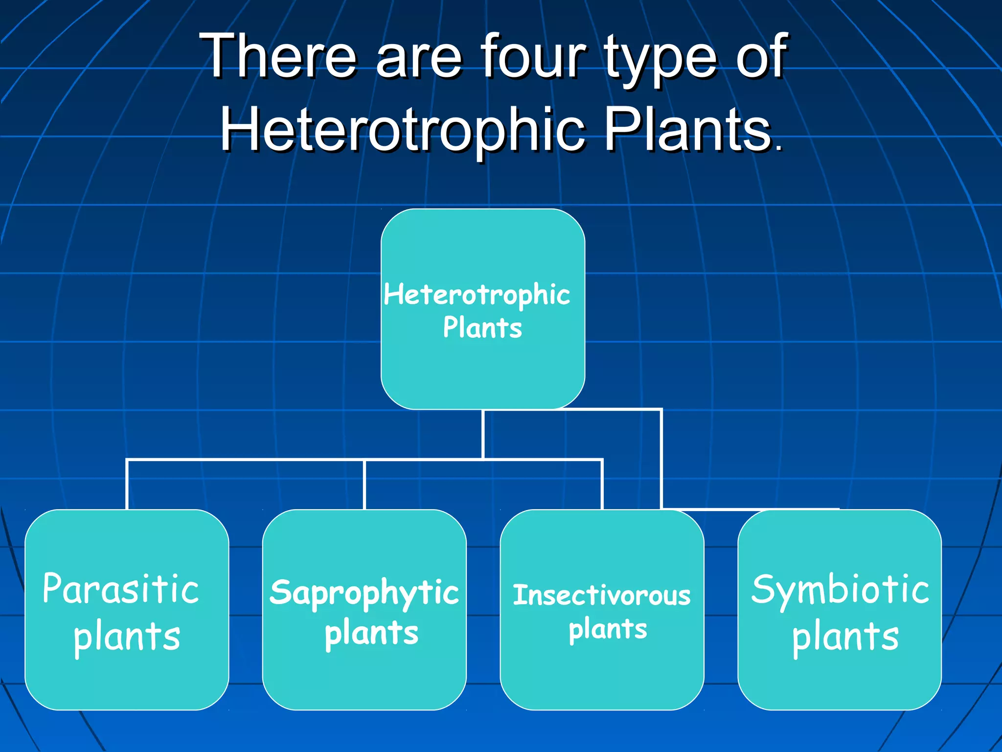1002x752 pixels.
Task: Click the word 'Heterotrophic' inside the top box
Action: (x=477, y=295)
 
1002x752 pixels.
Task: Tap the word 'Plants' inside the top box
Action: (x=482, y=328)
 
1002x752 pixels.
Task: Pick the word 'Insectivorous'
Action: (x=601, y=595)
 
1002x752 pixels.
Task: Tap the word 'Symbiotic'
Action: (x=840, y=589)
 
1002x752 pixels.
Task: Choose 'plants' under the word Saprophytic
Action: (x=371, y=634)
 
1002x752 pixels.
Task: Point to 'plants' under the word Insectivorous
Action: (x=608, y=629)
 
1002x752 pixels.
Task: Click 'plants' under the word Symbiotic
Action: (x=845, y=637)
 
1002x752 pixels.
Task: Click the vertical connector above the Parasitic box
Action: (x=127, y=485)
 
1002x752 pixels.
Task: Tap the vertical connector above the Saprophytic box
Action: (x=364, y=485)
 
